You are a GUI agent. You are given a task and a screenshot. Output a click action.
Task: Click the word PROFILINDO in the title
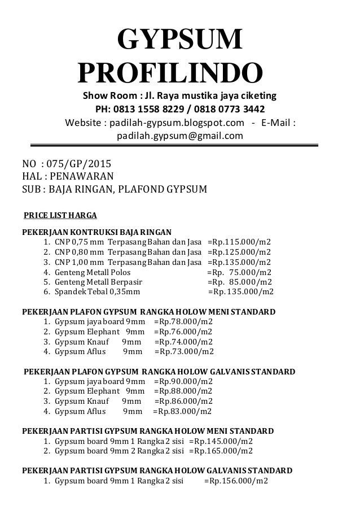pyautogui.click(x=170, y=72)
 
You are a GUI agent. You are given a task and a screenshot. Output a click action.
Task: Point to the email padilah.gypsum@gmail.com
pyautogui.click(x=179, y=136)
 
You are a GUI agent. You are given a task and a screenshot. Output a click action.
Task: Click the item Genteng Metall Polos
pyautogui.click(x=88, y=272)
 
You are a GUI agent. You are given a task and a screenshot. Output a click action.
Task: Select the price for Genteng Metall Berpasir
pyautogui.click(x=239, y=282)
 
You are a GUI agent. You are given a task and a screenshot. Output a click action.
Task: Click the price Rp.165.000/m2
pyautogui.click(x=221, y=451)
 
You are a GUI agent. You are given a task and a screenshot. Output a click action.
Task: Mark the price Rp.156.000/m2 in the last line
pyautogui.click(x=236, y=481)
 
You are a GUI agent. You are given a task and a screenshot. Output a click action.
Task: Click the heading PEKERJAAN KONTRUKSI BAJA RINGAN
pyautogui.click(x=97, y=232)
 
